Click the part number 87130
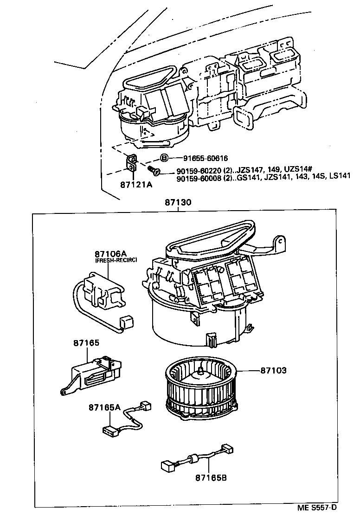tap(178, 203)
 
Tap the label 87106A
tap(110, 254)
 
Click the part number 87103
tap(273, 370)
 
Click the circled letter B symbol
tap(164, 158)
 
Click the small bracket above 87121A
tap(132, 164)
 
